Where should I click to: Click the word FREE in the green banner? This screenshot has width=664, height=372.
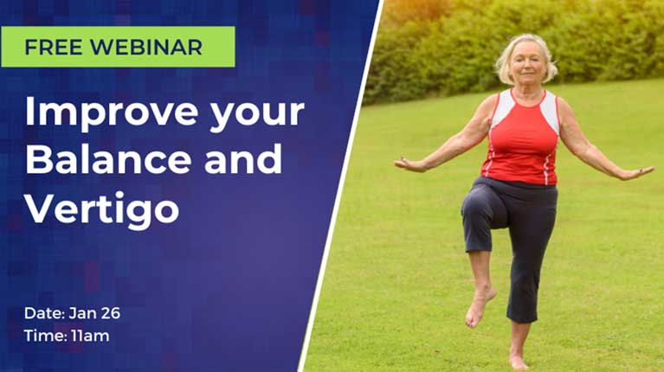(54, 47)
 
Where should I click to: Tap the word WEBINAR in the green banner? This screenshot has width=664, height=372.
(146, 47)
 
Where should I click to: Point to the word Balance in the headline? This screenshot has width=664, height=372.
(109, 158)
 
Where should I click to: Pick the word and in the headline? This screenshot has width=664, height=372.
(243, 158)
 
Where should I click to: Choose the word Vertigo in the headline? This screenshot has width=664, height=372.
(102, 209)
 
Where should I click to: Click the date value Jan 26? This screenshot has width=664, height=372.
(94, 313)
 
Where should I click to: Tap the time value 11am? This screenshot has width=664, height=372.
(90, 336)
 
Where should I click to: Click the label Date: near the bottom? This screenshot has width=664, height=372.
(44, 313)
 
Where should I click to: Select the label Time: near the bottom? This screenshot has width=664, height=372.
(45, 336)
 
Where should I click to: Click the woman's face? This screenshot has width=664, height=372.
(527, 63)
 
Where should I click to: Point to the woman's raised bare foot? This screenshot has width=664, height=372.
(480, 305)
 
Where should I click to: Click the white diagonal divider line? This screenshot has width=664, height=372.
(340, 186)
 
